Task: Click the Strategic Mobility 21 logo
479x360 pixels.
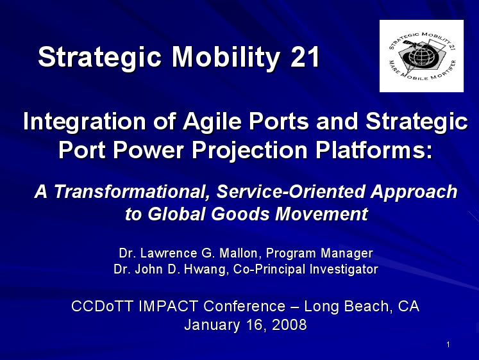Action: [421, 56]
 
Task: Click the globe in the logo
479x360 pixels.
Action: [421, 56]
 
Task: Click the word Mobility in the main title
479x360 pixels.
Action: [225, 58]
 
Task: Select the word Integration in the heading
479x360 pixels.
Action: [84, 122]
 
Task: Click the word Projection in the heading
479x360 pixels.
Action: [249, 151]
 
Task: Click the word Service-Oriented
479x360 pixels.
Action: [290, 192]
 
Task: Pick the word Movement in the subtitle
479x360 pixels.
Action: [322, 213]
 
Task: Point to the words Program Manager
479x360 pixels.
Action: [319, 254]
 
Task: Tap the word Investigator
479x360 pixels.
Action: [344, 270]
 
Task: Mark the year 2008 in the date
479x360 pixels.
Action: [289, 325]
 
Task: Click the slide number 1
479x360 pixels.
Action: [448, 345]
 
